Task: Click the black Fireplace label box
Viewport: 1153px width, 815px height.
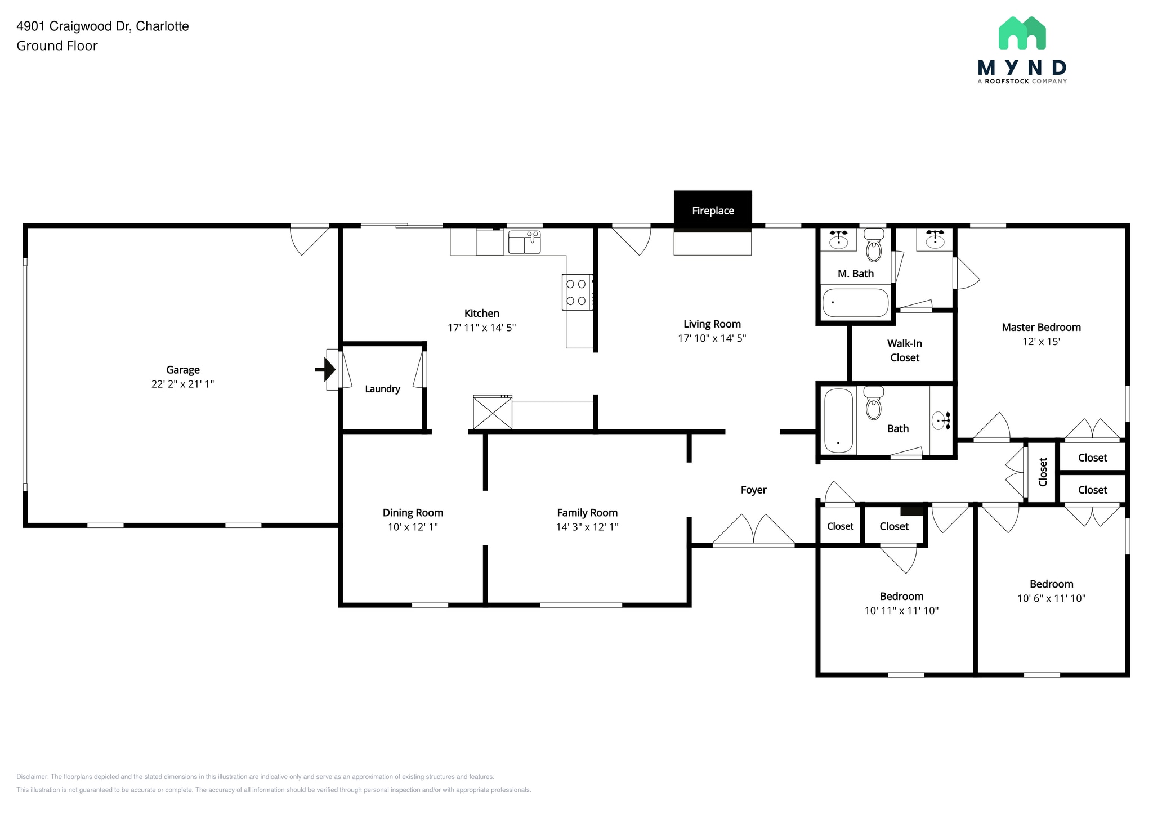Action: coord(713,211)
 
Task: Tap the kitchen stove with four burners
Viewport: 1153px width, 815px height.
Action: coord(577,292)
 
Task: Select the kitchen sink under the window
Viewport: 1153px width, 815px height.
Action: coord(524,242)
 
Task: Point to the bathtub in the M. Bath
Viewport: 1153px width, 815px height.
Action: coord(855,303)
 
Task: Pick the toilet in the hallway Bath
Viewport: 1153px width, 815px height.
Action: coord(873,404)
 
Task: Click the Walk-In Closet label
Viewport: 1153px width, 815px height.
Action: coord(904,350)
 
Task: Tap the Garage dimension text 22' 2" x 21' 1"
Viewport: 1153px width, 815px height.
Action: coord(182,384)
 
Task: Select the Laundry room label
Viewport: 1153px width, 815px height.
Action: coord(382,389)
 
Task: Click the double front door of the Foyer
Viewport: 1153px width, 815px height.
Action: coord(753,531)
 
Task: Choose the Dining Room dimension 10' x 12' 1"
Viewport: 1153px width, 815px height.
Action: coord(413,527)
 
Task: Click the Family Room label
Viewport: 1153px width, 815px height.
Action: coord(587,513)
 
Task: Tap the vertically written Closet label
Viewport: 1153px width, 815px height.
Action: coord(1043,472)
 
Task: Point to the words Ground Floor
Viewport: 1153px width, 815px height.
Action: coord(57,46)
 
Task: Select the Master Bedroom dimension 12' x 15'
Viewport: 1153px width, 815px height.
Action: coord(1041,341)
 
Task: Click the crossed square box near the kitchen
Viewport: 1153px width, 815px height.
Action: coord(492,413)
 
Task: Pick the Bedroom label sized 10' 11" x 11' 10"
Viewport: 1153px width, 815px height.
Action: coord(901,596)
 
